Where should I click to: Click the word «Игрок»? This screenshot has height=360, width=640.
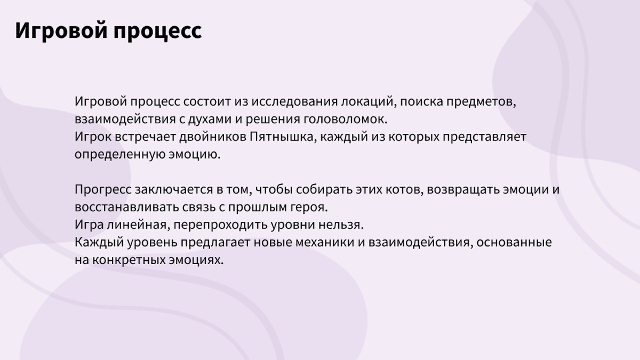click(x=93, y=137)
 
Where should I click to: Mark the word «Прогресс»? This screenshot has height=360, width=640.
click(x=103, y=190)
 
